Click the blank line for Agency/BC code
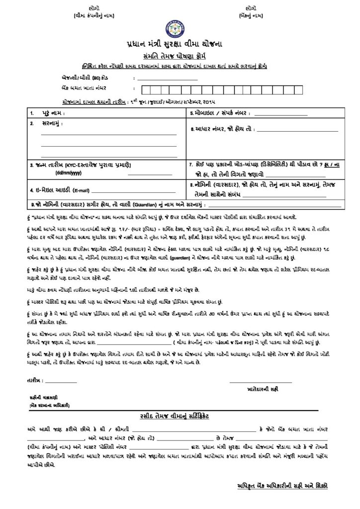tap(170, 80)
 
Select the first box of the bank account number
tap(146, 89)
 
